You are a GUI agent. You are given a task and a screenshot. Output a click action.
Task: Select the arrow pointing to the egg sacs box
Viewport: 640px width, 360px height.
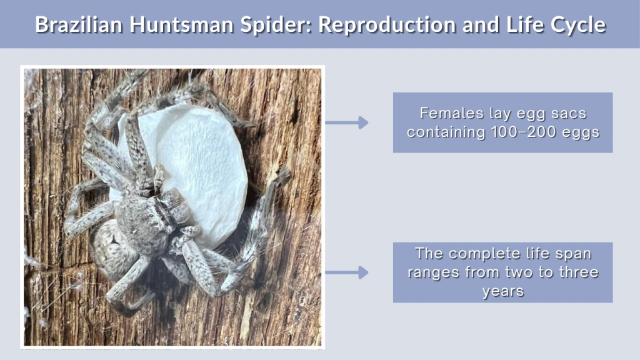click(347, 122)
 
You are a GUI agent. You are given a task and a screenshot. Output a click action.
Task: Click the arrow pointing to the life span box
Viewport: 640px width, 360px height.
click(347, 272)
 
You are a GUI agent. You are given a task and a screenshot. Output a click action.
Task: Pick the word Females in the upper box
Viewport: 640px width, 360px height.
click(446, 114)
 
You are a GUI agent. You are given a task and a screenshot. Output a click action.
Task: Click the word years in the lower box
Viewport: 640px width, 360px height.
click(502, 291)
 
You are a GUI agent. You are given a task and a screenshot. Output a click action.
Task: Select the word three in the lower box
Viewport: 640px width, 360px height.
click(577, 272)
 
